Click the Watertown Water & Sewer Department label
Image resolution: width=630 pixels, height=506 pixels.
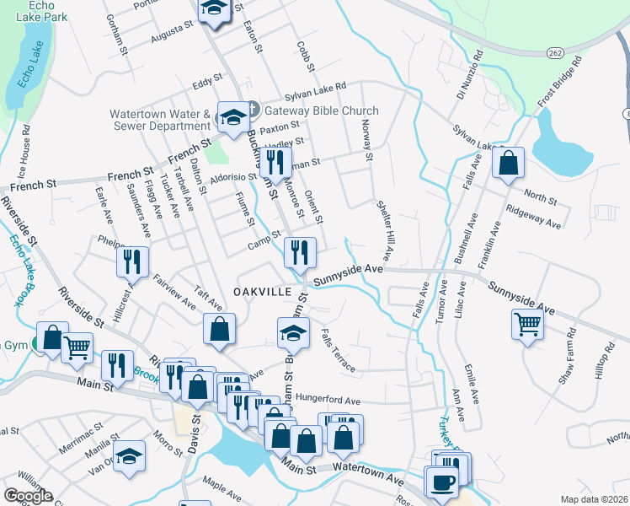tap(159, 120)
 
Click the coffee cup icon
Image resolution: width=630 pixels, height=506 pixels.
tap(442, 482)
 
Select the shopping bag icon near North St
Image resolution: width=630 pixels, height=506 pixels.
tap(509, 164)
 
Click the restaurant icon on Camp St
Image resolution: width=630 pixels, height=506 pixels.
tap(300, 250)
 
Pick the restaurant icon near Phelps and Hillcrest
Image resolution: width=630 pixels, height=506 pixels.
tap(132, 261)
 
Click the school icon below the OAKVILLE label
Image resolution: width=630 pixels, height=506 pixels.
tap(293, 333)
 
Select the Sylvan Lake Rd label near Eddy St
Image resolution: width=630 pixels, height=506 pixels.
tap(316, 87)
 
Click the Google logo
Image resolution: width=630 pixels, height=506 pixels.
tap(28, 496)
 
